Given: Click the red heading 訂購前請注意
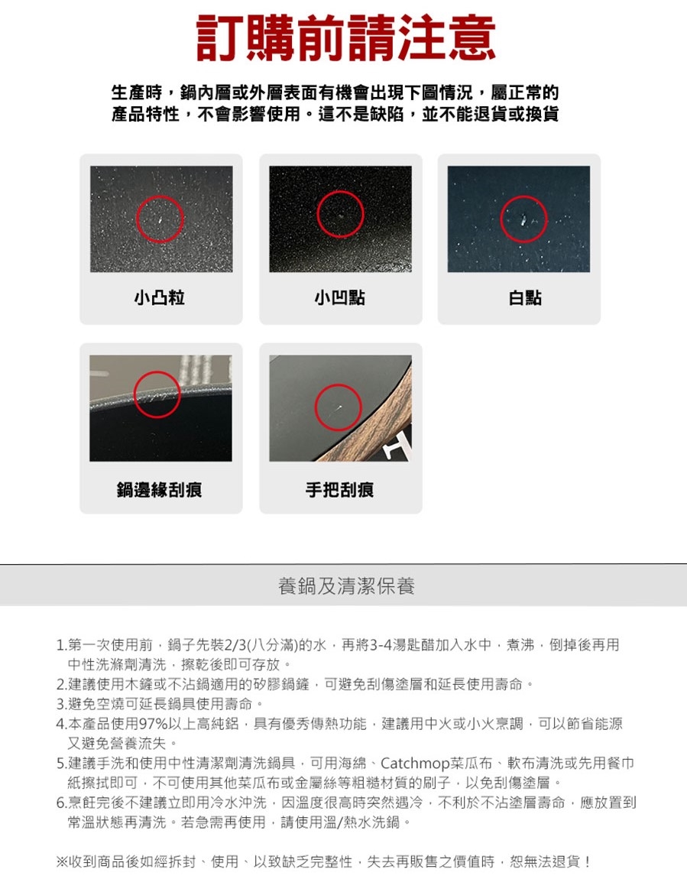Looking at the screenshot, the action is click(x=345, y=37).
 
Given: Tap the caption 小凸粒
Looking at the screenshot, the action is click(x=160, y=297).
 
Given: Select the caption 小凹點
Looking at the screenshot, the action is click(x=339, y=297).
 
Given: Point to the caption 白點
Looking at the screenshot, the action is click(x=525, y=297).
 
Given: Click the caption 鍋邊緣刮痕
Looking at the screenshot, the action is click(x=159, y=489).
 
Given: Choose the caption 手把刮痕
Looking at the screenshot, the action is click(x=339, y=489).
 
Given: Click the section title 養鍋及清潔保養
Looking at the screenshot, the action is click(x=346, y=585).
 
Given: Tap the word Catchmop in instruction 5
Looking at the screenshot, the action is click(x=415, y=764).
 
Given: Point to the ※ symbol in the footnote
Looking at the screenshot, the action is click(x=62, y=861).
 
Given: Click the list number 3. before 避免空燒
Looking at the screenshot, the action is click(x=62, y=704).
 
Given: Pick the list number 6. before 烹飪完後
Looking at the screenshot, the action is click(x=62, y=803).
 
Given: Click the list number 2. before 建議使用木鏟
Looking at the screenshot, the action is click(x=62, y=685).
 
